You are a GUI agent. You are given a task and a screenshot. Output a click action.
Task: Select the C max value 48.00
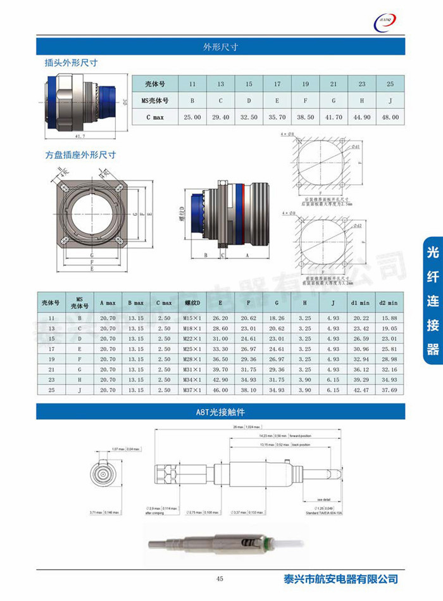pyautogui.click(x=390, y=117)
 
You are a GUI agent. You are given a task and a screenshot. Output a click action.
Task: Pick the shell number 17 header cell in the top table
pyautogui.click(x=277, y=84)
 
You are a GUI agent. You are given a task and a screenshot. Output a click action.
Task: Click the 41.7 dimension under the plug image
pyautogui.click(x=80, y=136)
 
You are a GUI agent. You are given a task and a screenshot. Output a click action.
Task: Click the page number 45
pyautogui.click(x=220, y=578)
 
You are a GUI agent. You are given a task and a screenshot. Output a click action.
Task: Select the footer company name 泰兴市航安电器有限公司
pyautogui.click(x=341, y=578)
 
